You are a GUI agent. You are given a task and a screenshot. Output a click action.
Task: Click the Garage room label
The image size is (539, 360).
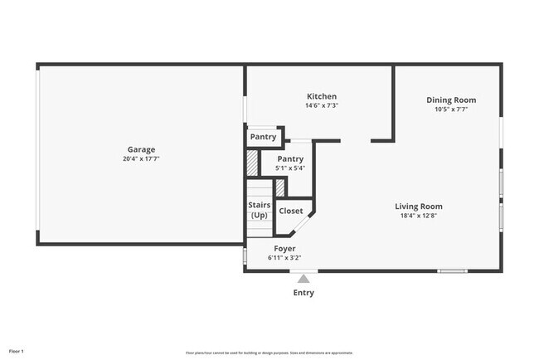click(141, 149)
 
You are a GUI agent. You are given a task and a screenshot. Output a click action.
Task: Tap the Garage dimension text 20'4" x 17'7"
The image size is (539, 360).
click(141, 158)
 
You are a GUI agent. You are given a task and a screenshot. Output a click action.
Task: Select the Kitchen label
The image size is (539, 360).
click(322, 96)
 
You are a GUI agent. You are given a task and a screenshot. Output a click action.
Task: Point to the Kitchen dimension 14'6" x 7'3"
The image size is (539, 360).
click(322, 105)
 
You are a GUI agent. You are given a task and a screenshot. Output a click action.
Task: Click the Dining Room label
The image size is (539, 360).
click(451, 100)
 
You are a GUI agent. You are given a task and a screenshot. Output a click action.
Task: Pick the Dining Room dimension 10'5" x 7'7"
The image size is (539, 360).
click(451, 109)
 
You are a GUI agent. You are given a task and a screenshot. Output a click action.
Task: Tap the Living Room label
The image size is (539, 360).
click(418, 207)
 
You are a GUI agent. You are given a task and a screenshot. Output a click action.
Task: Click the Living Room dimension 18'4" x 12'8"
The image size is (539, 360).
click(418, 216)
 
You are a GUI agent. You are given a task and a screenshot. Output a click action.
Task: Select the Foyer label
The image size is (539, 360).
click(284, 249)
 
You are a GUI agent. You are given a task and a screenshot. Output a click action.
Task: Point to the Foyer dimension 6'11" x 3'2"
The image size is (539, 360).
click(284, 258)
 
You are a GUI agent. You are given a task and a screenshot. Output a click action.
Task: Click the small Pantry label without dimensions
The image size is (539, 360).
click(263, 137)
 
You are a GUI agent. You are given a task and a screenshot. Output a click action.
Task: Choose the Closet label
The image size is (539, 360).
click(291, 211)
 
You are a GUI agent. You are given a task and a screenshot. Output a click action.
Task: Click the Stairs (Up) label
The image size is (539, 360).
click(259, 210)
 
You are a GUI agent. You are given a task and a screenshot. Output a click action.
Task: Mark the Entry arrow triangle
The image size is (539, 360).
click(304, 278)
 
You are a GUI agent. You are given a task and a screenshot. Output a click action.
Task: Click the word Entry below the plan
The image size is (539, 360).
click(304, 293)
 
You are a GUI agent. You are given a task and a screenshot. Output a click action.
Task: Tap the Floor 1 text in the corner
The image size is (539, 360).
click(17, 351)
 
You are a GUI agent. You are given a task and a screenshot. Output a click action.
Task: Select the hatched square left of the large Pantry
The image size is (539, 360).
click(253, 161)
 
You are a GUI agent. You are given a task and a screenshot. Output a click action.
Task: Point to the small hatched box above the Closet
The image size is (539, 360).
click(280, 187)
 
